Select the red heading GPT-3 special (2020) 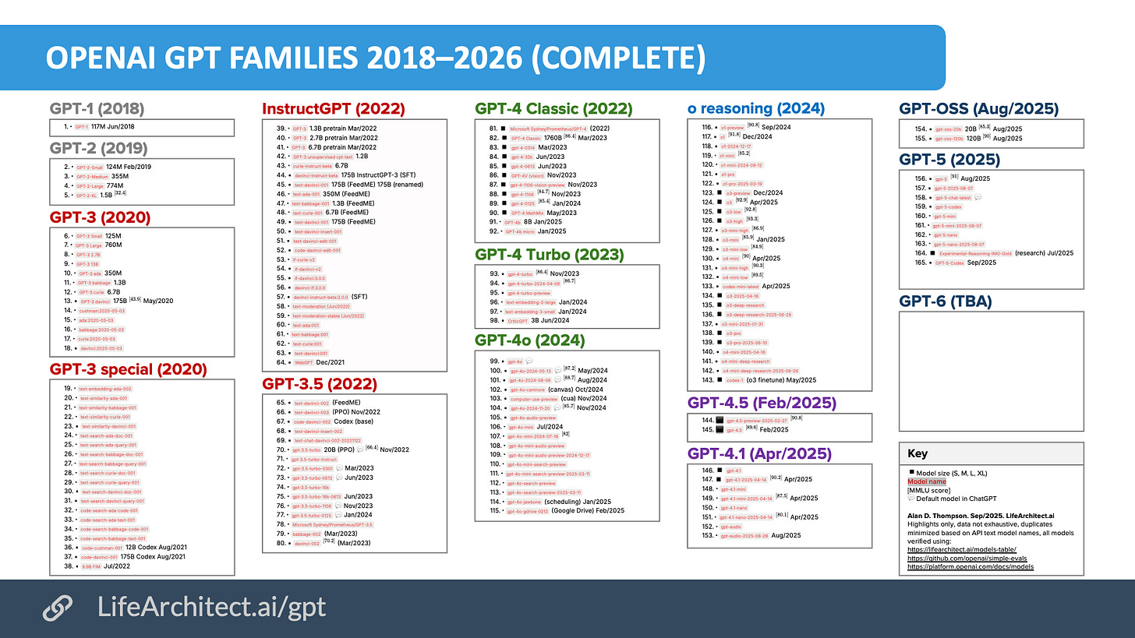pyautogui.click(x=128, y=368)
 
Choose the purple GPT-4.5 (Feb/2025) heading pyautogui.click(x=762, y=403)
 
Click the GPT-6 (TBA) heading pyautogui.click(x=946, y=301)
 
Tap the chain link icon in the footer pyautogui.click(x=57, y=608)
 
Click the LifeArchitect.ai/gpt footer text pyautogui.click(x=212, y=608)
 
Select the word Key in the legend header pyautogui.click(x=918, y=453)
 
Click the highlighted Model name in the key pyautogui.click(x=927, y=481)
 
